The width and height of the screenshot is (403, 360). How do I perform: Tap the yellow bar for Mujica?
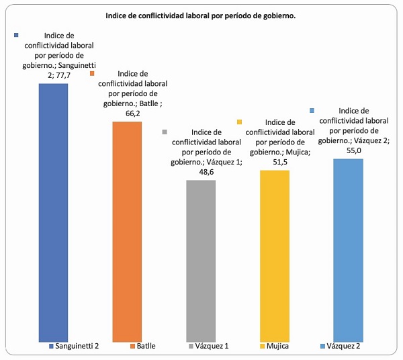click(274, 255)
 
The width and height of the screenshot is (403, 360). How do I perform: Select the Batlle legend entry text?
click(146, 347)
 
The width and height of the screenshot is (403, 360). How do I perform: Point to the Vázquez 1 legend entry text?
click(213, 347)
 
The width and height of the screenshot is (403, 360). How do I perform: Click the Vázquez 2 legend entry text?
click(346, 347)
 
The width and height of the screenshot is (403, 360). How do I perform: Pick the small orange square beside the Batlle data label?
click(93, 73)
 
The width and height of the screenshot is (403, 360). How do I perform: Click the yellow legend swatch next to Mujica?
click(262, 347)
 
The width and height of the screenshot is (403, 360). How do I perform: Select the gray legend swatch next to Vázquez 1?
click(191, 347)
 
